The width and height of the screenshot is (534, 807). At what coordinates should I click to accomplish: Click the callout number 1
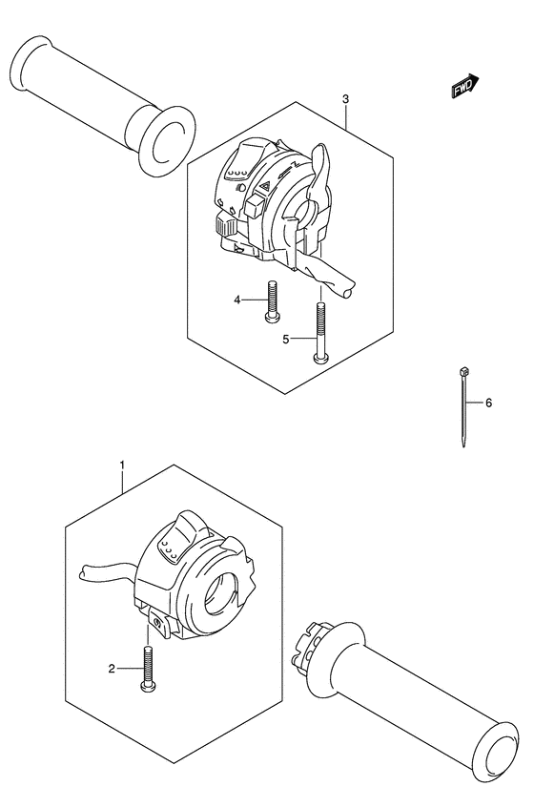tap(122, 465)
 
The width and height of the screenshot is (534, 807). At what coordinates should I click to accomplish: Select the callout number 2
tap(112, 669)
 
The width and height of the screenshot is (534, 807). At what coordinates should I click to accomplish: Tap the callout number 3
tap(345, 99)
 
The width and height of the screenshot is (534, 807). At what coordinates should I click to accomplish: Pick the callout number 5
tap(284, 338)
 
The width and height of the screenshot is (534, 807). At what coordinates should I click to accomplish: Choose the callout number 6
tap(488, 403)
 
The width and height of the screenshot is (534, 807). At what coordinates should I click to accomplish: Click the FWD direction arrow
tap(463, 89)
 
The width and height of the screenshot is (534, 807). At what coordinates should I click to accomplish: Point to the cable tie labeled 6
tap(463, 405)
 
